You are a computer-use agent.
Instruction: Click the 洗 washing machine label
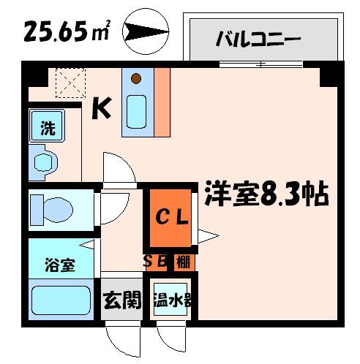48,129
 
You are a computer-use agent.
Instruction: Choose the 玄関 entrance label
121,300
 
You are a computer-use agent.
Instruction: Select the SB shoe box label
157,261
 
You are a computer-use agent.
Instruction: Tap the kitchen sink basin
137,110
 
